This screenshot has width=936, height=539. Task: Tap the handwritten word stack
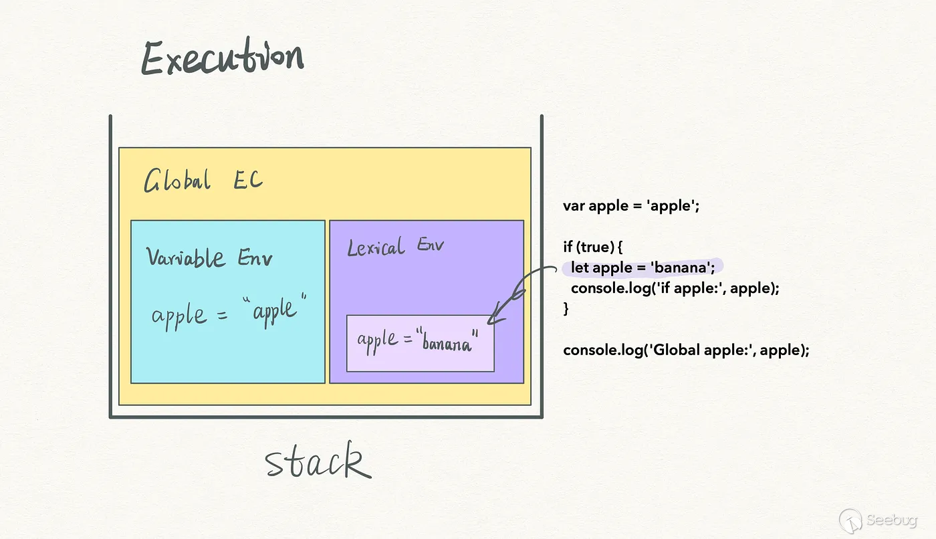tap(318, 463)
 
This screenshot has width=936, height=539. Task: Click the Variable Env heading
tap(209, 257)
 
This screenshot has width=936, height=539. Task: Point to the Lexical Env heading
tap(395, 247)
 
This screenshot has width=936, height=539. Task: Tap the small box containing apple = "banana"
tap(420, 343)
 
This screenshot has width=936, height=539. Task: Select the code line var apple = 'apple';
tap(630, 206)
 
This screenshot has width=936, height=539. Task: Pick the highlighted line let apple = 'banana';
tap(642, 268)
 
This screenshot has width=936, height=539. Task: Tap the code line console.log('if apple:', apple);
tap(675, 289)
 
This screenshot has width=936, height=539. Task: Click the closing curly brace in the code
tap(566, 309)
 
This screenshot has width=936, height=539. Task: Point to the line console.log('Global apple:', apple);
tap(686, 350)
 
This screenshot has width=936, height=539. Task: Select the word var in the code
tap(574, 206)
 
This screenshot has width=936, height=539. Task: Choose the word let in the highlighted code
tap(580, 268)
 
